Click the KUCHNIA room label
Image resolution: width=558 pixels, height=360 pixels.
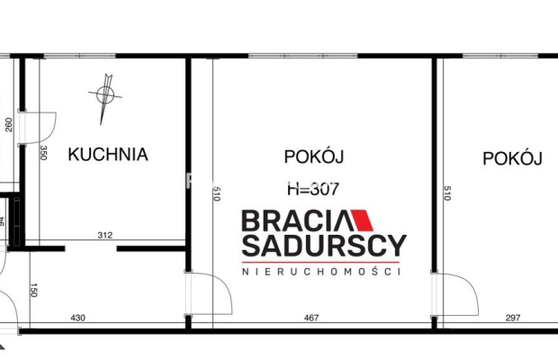[108, 154]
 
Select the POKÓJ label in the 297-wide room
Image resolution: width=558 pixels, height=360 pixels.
[512, 158]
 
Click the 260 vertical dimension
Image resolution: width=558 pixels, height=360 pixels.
[8, 125]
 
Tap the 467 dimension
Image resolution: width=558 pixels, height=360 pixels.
[312, 318]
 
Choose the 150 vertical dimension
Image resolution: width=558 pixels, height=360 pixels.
[34, 290]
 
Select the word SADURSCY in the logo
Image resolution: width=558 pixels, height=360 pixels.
[323, 245]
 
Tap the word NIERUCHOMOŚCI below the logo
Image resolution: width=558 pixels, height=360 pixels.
[321, 271]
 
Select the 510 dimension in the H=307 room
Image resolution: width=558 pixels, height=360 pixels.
[217, 193]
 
